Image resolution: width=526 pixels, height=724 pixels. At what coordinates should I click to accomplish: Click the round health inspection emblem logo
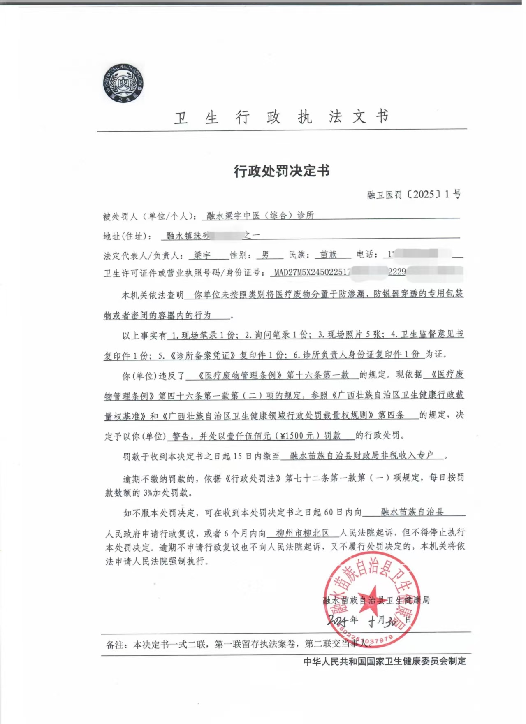[123, 84]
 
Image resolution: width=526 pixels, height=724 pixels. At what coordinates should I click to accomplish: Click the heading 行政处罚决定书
[282, 171]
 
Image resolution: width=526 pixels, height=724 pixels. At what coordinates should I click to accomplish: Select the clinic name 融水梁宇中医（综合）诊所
[260, 215]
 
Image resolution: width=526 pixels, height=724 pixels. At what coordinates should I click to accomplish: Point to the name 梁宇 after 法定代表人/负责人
[202, 255]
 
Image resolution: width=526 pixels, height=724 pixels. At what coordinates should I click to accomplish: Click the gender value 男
[266, 255]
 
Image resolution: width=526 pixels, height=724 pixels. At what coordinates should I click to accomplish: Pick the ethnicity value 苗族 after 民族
[328, 255]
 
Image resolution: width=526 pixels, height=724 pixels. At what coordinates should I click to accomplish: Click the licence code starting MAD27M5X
[312, 272]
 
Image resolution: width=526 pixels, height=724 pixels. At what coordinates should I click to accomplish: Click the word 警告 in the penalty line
[181, 436]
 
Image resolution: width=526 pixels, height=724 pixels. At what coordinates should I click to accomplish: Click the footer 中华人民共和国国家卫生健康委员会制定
[385, 661]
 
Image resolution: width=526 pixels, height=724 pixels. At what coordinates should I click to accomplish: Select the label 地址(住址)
[127, 236]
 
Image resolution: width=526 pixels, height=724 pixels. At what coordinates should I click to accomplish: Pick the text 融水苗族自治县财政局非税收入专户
[361, 455]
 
